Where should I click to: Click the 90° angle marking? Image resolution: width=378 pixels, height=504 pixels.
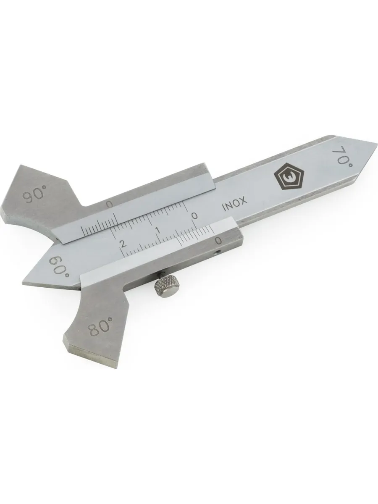pos(34,194)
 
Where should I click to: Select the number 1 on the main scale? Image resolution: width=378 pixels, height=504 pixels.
pos(157,230)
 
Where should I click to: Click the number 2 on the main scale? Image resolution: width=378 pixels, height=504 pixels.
pos(123,243)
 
